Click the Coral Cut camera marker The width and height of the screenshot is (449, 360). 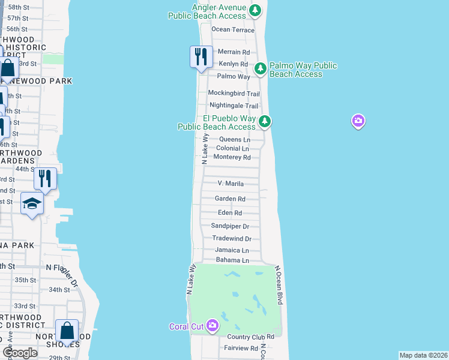click(212, 326)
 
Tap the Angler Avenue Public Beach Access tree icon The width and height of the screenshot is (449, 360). click(256, 10)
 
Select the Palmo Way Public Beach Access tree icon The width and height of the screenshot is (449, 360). click(261, 68)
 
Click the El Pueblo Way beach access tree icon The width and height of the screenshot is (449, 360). click(264, 122)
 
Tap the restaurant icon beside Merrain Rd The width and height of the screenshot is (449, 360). click(201, 57)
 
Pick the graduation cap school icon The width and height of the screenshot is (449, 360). click(32, 204)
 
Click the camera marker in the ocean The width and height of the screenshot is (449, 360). click(358, 121)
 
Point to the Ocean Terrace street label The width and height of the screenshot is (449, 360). click(233, 29)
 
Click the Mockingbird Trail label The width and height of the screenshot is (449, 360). click(234, 93)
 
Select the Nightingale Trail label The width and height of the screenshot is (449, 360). click(234, 106)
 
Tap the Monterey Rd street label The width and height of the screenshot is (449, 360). click(232, 157)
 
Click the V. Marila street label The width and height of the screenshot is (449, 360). click(231, 183)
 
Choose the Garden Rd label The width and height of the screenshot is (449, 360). click(230, 199)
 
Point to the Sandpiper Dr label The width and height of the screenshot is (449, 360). click(230, 226)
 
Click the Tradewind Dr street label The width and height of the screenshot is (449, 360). click(231, 238)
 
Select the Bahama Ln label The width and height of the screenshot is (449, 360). click(232, 260)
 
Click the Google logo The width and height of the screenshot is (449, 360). click(19, 353)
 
